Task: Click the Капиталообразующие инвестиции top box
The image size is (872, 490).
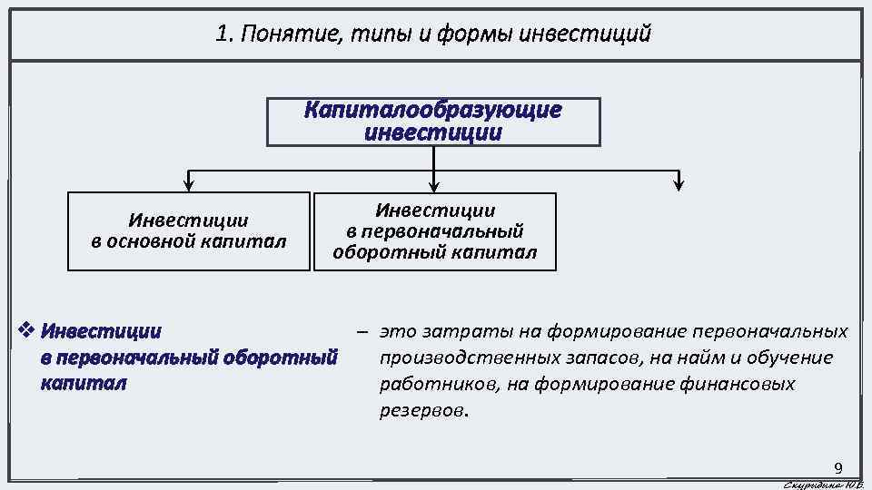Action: (x=433, y=122)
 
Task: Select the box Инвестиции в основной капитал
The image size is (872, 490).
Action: (x=188, y=231)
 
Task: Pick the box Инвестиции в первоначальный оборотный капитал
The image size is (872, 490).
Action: (x=434, y=231)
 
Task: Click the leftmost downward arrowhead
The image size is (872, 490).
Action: (x=188, y=185)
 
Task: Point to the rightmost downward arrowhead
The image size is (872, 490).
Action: (x=679, y=185)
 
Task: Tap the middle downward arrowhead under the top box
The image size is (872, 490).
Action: (x=434, y=185)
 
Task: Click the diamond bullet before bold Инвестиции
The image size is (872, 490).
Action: (x=26, y=329)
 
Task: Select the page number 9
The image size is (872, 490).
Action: (x=838, y=468)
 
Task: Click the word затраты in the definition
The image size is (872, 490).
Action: (x=455, y=332)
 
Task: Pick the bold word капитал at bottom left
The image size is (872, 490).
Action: (x=84, y=383)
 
